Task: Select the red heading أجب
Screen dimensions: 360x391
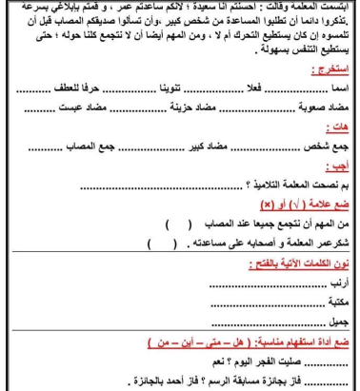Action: coord(337,171)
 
